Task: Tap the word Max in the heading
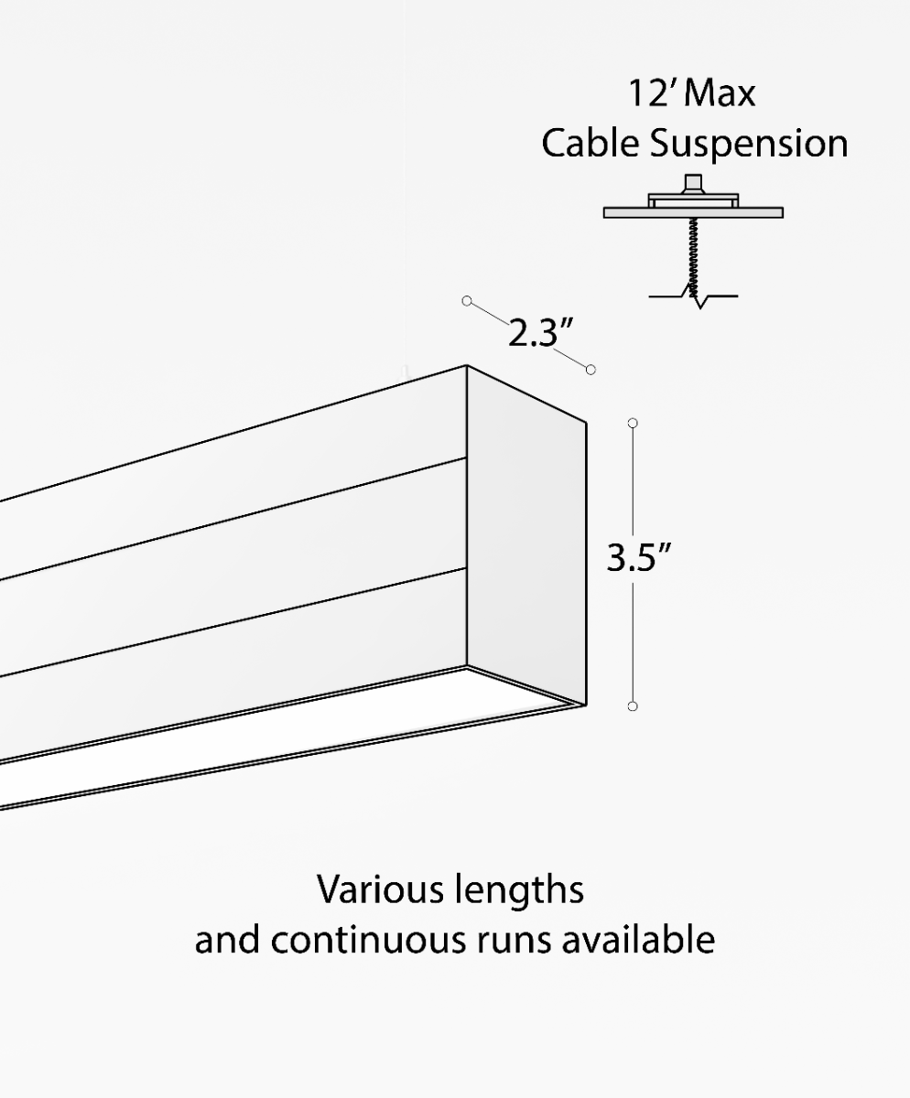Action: pos(720,93)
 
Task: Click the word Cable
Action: pos(590,144)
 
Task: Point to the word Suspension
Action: pos(748,145)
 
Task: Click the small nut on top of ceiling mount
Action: pos(693,183)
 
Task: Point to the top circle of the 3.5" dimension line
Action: pos(633,423)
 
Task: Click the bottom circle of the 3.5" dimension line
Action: pos(633,706)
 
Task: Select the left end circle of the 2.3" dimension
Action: pos(467,300)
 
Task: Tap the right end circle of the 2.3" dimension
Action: pos(590,370)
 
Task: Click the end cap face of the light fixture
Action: pos(525,540)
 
